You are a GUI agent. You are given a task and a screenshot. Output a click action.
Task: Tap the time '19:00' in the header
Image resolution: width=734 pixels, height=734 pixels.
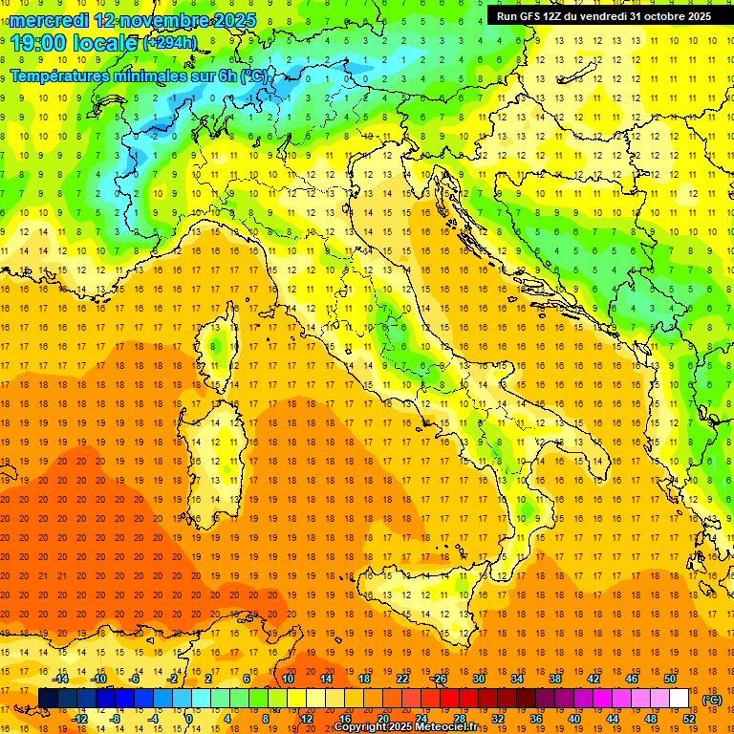click(37, 42)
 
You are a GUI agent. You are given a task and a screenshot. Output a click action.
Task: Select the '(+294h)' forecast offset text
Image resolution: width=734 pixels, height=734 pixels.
click(169, 42)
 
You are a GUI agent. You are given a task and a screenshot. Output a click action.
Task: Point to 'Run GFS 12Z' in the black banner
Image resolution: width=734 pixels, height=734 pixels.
click(529, 15)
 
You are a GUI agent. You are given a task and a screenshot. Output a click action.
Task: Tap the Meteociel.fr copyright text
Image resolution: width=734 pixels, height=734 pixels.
click(411, 727)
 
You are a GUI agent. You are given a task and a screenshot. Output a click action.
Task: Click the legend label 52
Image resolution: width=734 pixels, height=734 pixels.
click(688, 719)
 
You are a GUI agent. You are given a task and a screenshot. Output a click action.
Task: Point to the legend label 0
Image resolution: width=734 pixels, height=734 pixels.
click(189, 719)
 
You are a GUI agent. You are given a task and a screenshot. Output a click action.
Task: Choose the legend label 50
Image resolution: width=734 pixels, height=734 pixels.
click(670, 679)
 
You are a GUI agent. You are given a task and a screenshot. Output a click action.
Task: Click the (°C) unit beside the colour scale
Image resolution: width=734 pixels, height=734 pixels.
click(711, 700)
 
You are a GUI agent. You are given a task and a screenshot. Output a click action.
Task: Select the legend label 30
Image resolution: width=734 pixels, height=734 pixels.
click(478, 679)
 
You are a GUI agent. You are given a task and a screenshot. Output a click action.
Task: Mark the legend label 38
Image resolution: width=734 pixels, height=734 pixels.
click(554, 679)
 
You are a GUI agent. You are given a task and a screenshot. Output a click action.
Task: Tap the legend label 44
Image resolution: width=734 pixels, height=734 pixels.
click(612, 719)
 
